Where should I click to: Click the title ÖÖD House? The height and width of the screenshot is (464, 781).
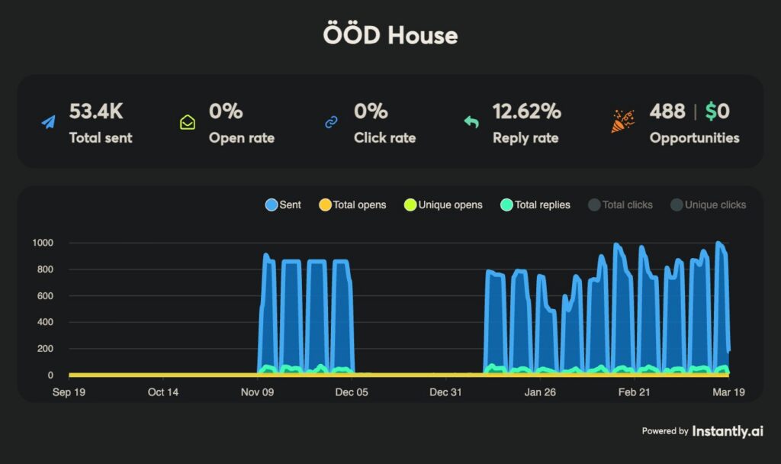pyautogui.click(x=390, y=35)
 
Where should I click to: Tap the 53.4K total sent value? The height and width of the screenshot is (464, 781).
pyautogui.click(x=95, y=111)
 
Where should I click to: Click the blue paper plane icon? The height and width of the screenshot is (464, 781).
pyautogui.click(x=49, y=122)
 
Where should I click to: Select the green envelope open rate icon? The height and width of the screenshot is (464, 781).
pyautogui.click(x=187, y=122)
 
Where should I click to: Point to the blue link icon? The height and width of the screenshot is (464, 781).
pyautogui.click(x=331, y=122)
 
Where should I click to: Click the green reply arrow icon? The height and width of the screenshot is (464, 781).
pyautogui.click(x=471, y=122)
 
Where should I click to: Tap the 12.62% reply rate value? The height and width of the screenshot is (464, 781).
pyautogui.click(x=526, y=111)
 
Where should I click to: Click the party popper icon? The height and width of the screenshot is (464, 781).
pyautogui.click(x=622, y=121)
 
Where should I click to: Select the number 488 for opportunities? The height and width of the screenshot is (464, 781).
pyautogui.click(x=667, y=111)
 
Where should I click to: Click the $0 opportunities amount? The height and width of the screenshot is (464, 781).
pyautogui.click(x=717, y=111)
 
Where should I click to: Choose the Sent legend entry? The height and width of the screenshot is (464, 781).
pyautogui.click(x=283, y=205)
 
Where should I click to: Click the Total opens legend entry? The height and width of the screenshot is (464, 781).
pyautogui.click(x=352, y=205)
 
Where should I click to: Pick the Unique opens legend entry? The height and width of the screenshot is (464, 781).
pyautogui.click(x=443, y=205)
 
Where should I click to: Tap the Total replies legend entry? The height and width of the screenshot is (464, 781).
pyautogui.click(x=535, y=205)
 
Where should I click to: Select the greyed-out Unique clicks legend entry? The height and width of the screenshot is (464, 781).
pyautogui.click(x=708, y=205)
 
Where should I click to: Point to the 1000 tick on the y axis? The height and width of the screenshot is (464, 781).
pyautogui.click(x=42, y=243)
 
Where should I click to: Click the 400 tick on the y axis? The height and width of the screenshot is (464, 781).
pyautogui.click(x=44, y=322)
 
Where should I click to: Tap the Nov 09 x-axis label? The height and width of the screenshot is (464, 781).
pyautogui.click(x=257, y=392)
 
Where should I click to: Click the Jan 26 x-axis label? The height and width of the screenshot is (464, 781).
pyautogui.click(x=539, y=392)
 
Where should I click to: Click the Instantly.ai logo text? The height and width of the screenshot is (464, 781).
pyautogui.click(x=727, y=431)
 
